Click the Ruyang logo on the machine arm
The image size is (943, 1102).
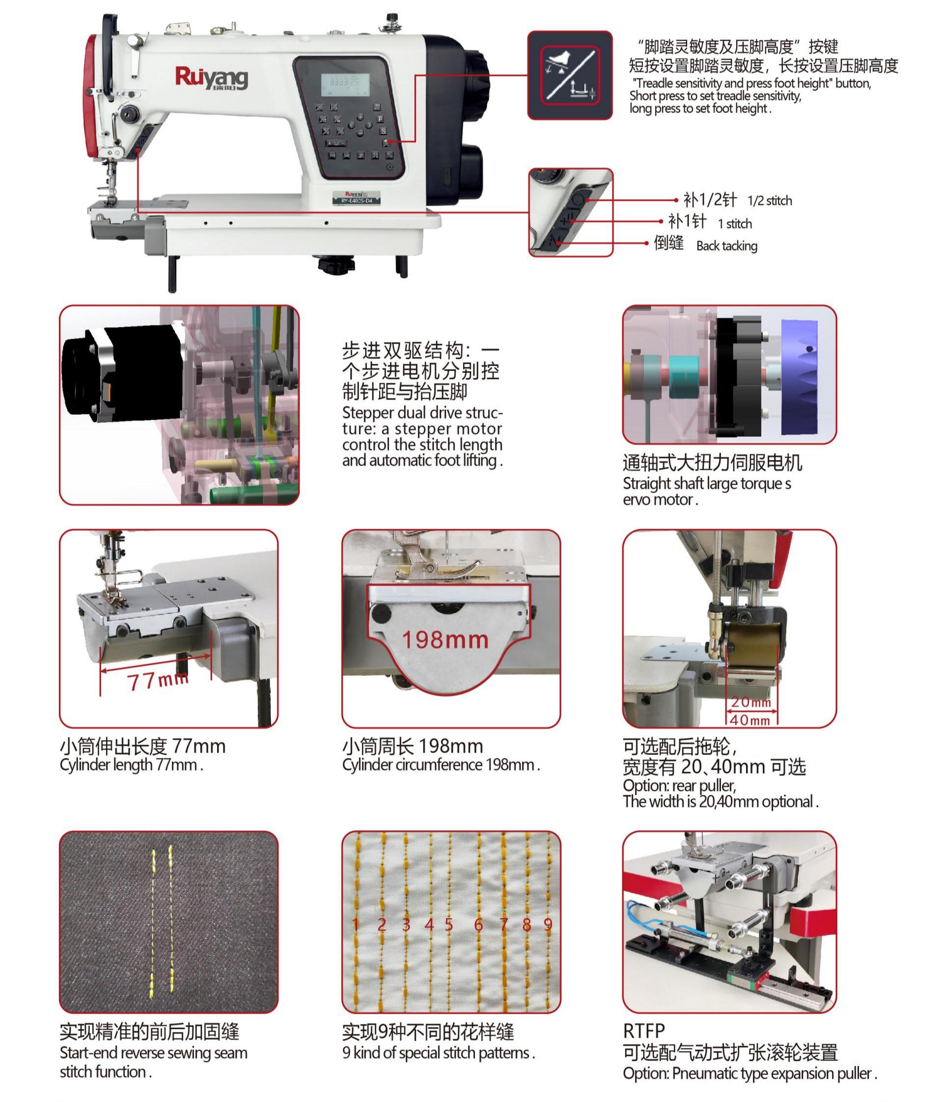click(211, 78)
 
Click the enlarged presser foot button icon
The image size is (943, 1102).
click(570, 75)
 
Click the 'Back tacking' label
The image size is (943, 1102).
click(726, 246)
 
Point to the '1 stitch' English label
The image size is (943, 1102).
click(734, 224)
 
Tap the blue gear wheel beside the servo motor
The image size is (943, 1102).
click(799, 376)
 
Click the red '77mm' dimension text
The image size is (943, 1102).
click(158, 680)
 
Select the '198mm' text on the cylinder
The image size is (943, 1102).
click(445, 640)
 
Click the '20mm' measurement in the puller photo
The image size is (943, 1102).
click(750, 702)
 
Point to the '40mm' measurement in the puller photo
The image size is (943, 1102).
click(750, 720)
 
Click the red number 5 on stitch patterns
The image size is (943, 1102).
click(449, 924)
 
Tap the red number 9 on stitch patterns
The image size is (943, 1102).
click(548, 924)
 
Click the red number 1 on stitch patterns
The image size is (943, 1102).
click(356, 924)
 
